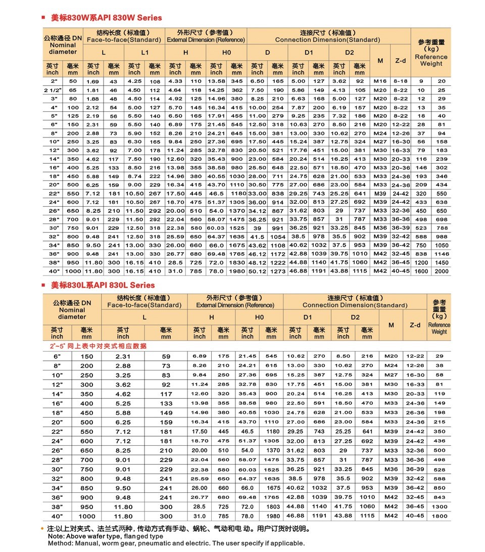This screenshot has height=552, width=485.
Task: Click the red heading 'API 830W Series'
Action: click(107, 18)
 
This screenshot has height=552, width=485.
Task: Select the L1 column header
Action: click(144, 53)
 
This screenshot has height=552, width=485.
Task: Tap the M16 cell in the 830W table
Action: click(380, 81)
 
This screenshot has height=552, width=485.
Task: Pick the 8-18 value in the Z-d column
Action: click(401, 81)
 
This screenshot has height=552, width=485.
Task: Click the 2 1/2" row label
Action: click(53, 90)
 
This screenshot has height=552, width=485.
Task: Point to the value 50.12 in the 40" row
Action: click(257, 271)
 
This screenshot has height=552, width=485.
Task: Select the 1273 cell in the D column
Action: click(277, 271)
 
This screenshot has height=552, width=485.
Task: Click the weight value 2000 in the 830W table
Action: click(442, 271)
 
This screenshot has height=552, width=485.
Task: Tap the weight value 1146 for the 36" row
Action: click(442, 254)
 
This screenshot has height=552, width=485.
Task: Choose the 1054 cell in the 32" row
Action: click(277, 237)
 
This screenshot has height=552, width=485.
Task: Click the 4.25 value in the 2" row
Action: click(134, 81)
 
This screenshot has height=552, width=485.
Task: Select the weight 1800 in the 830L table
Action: click(439, 516)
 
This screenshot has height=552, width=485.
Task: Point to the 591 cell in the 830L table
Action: click(319, 403)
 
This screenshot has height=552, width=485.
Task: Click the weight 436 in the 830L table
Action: click(439, 441)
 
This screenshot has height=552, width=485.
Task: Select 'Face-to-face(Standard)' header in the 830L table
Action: click(144, 305)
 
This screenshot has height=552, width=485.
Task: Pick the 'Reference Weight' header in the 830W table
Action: click(431, 60)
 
